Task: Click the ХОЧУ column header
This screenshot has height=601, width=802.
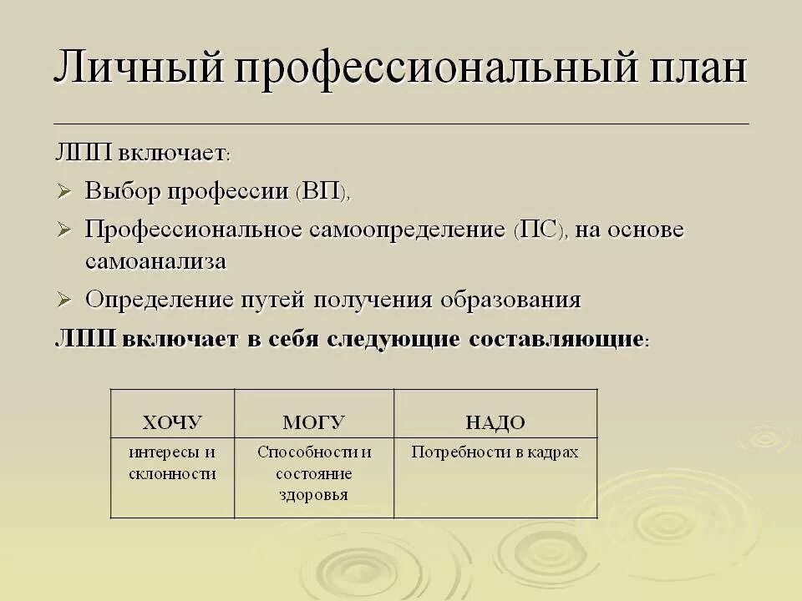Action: (172, 422)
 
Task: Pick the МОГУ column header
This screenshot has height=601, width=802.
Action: (313, 422)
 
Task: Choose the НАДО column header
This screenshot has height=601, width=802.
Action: (495, 422)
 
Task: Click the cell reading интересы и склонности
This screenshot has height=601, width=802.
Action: (172, 463)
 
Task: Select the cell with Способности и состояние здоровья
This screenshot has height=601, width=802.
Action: (314, 473)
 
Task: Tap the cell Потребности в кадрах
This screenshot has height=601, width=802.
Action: (495, 452)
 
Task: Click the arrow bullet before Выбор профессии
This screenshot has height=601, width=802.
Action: (65, 193)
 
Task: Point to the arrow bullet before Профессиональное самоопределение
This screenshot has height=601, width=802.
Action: (65, 230)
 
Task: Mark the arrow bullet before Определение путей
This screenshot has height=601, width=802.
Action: (65, 300)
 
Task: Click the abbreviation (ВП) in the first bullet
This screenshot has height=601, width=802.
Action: (321, 192)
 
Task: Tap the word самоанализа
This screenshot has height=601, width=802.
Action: (155, 261)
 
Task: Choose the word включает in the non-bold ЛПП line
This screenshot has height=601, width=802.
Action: (170, 154)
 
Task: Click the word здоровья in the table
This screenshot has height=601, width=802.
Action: (314, 494)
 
